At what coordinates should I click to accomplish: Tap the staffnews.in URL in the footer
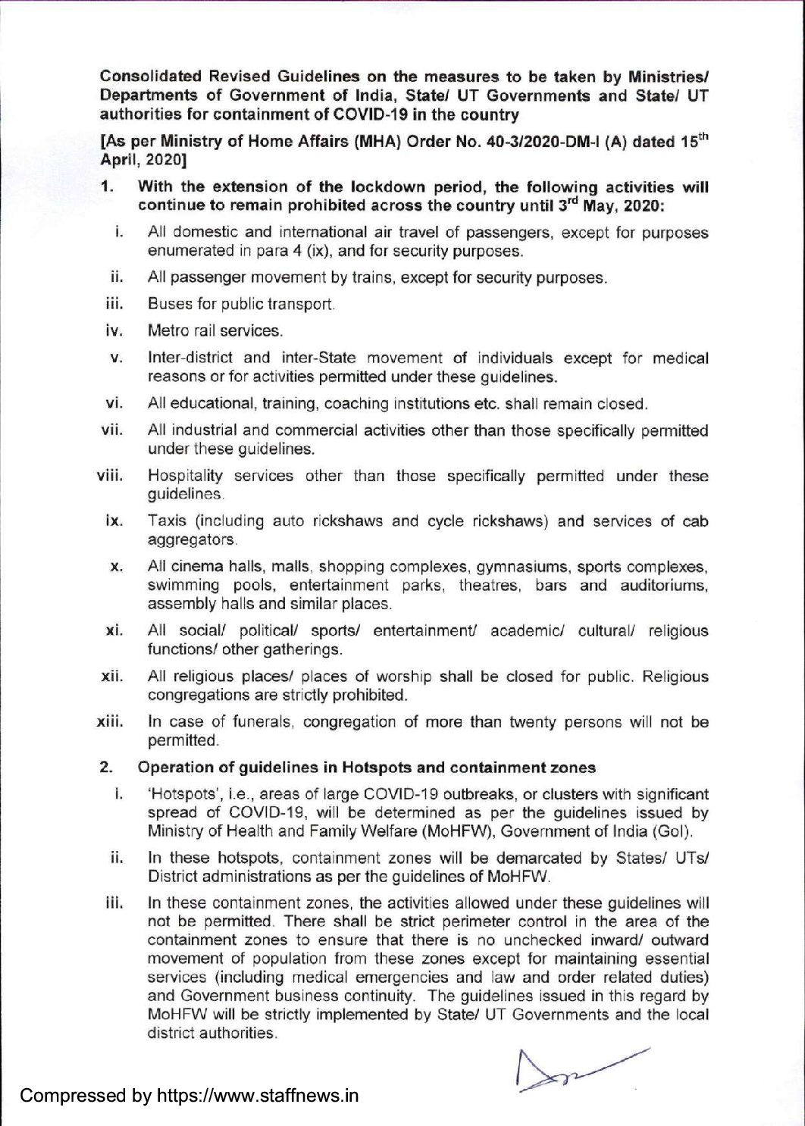pos(258,1096)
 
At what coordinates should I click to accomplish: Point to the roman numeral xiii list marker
pos(111,722)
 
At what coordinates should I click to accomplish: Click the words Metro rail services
pos(215,331)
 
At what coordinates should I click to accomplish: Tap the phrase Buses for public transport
pos(241,305)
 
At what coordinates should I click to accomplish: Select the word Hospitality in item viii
pos(185,477)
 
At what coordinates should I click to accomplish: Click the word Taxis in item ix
pos(168,521)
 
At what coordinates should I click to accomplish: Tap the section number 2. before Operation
pos(107,768)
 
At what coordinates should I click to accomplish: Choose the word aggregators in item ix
pos(193,540)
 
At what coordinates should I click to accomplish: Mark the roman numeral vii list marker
pos(112,430)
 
